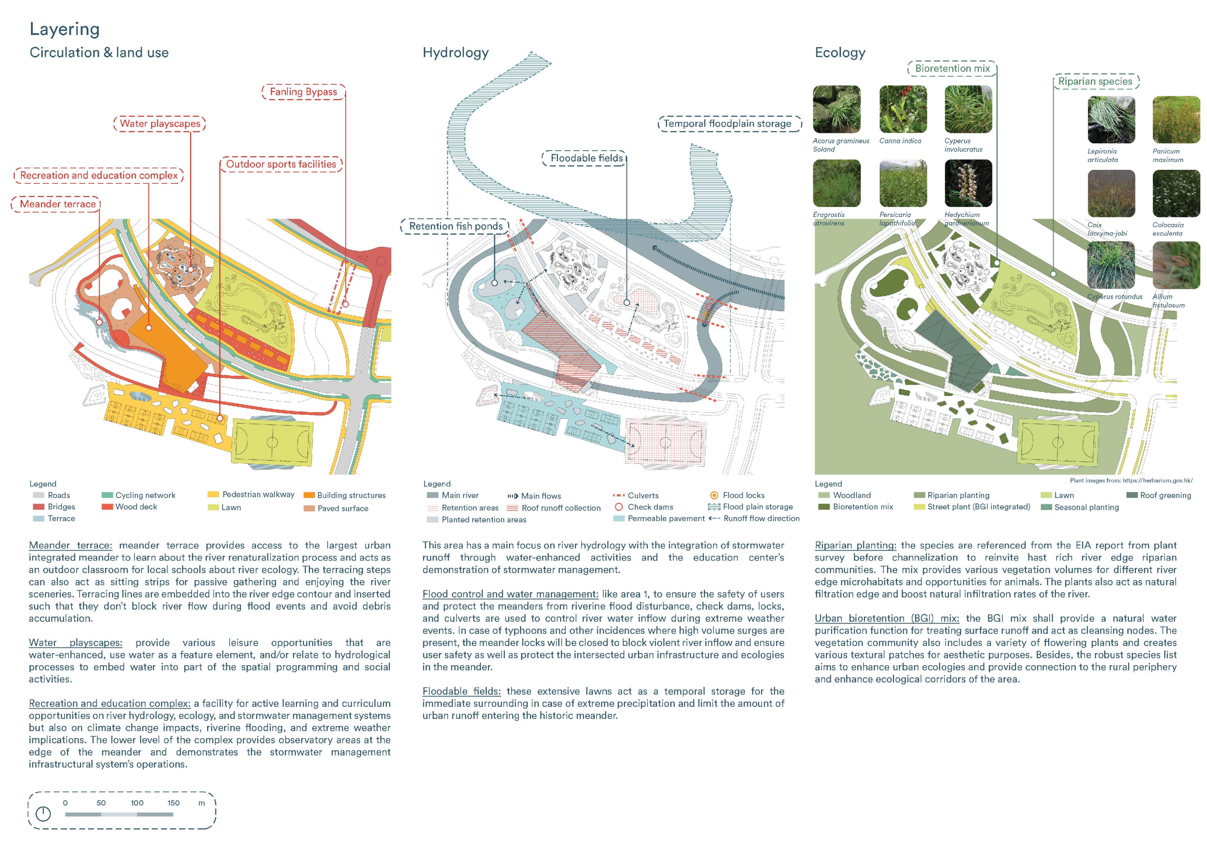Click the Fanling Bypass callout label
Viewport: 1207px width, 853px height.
click(303, 92)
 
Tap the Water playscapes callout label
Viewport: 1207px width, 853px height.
click(160, 123)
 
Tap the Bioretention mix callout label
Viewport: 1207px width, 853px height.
click(952, 68)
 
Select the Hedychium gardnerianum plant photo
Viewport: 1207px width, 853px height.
click(968, 183)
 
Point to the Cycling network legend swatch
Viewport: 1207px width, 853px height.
click(107, 495)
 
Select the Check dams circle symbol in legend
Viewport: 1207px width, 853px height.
click(619, 507)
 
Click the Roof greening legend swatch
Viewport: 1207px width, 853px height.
click(1132, 495)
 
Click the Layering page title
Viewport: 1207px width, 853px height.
click(65, 29)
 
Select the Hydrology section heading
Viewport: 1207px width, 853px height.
click(455, 52)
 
